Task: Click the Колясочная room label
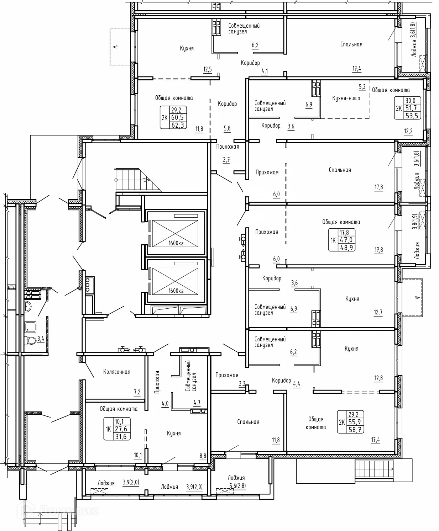pyautogui.click(x=117, y=372)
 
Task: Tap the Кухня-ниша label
pyautogui.click(x=346, y=98)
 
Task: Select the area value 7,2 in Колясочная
pyautogui.click(x=137, y=392)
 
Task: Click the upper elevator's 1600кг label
pyautogui.click(x=176, y=243)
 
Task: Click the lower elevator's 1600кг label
pyautogui.click(x=176, y=291)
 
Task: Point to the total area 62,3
pyautogui.click(x=177, y=125)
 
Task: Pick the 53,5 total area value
pyautogui.click(x=412, y=116)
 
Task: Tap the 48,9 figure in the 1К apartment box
pyautogui.click(x=346, y=248)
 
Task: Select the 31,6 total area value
pyautogui.click(x=121, y=436)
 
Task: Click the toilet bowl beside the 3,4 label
pyautogui.click(x=31, y=340)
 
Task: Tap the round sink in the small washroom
pyautogui.click(x=27, y=307)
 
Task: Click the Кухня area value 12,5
pyautogui.click(x=207, y=69)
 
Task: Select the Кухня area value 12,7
pyautogui.click(x=378, y=312)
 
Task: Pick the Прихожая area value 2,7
pyautogui.click(x=226, y=160)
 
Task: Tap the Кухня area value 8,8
pyautogui.click(x=203, y=456)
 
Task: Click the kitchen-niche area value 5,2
pyautogui.click(x=362, y=87)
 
